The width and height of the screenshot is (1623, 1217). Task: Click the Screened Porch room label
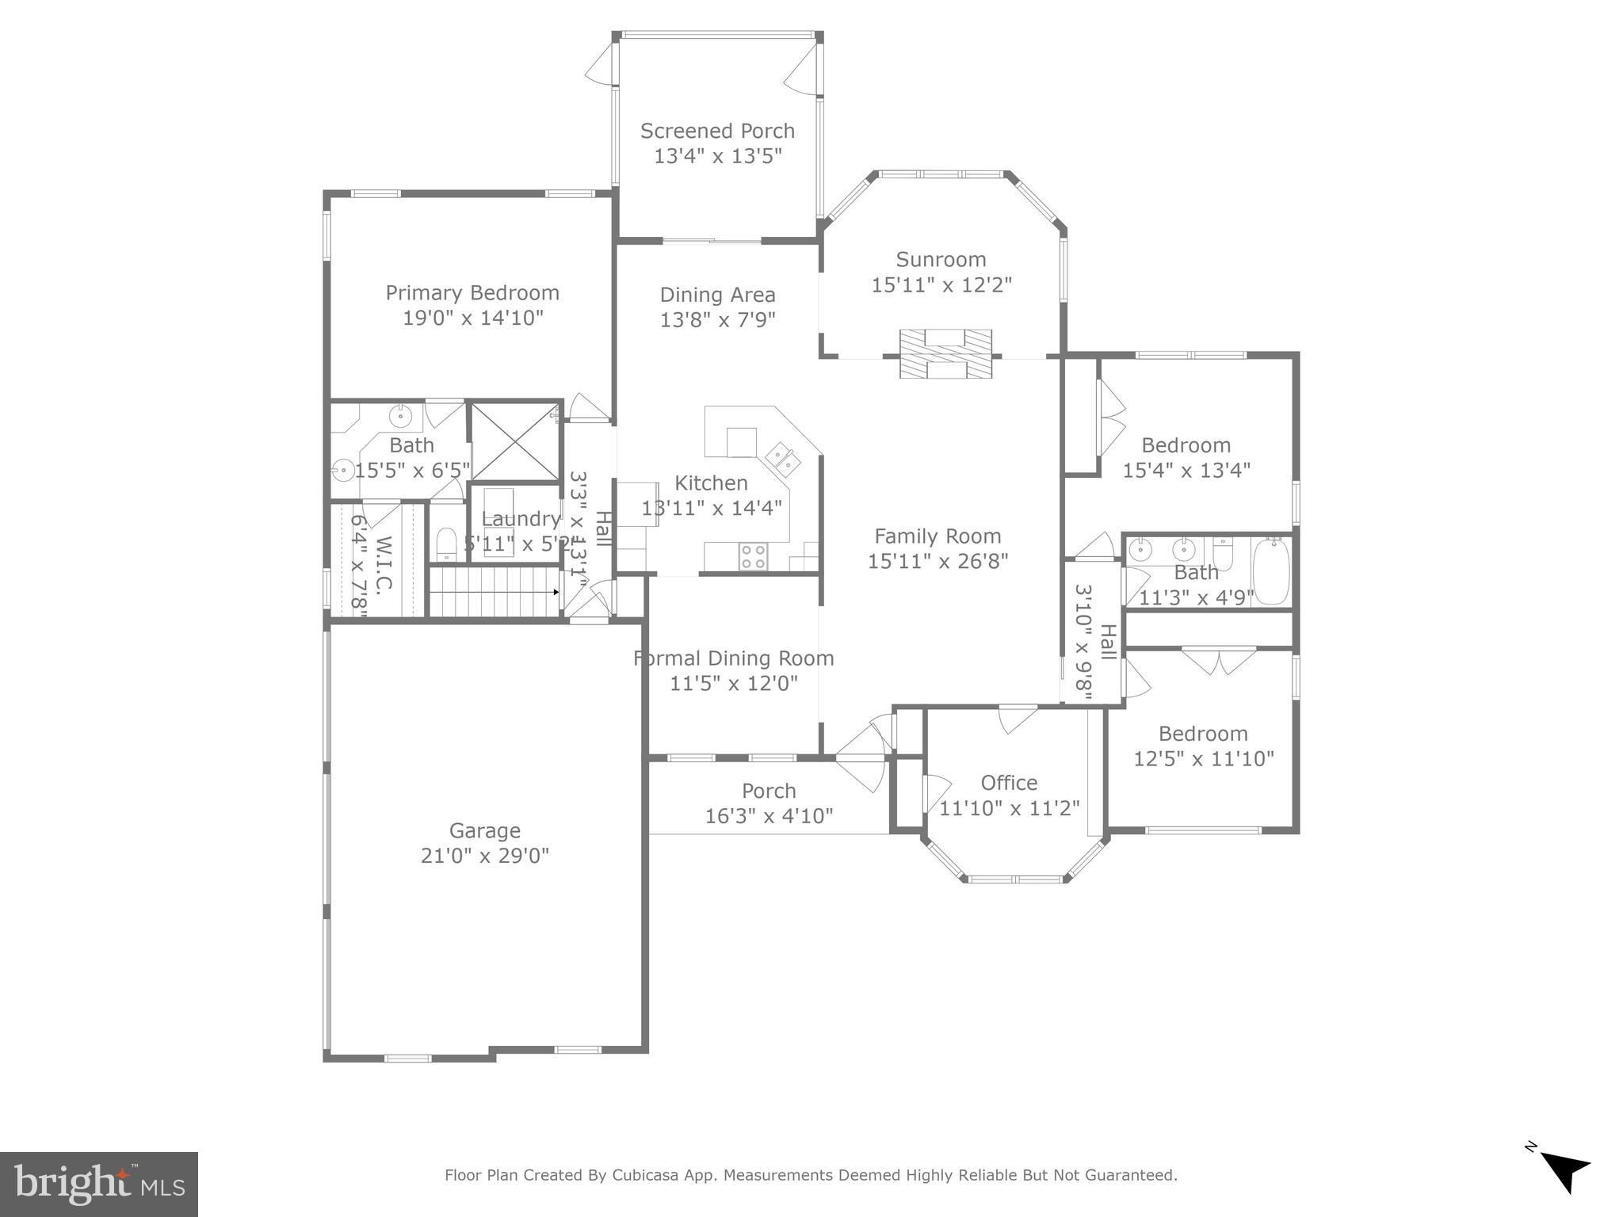(x=717, y=131)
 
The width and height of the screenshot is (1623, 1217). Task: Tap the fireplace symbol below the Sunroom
(x=945, y=354)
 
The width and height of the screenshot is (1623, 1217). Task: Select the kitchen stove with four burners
(x=753, y=556)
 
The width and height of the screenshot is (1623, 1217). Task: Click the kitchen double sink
(x=782, y=459)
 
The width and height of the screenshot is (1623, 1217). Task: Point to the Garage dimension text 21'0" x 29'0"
(x=484, y=856)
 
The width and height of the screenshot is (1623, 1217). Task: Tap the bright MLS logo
(x=99, y=1184)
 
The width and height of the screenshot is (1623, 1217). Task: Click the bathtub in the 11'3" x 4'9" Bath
(x=1271, y=571)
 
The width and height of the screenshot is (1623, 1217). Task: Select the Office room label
(x=1009, y=783)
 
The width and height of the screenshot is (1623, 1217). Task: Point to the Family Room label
(x=938, y=536)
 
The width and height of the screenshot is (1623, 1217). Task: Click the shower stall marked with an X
(x=515, y=442)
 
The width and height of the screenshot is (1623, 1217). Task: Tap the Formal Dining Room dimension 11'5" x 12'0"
(x=733, y=683)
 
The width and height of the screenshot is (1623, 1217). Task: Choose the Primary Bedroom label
(x=472, y=293)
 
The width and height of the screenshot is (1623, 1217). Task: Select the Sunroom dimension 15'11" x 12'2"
(x=941, y=284)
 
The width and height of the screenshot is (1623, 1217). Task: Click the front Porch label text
(x=769, y=791)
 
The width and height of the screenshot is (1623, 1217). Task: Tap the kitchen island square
(x=742, y=442)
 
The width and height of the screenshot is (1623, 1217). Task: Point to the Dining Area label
(x=717, y=295)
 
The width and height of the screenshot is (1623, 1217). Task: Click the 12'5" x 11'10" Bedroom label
(x=1203, y=734)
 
